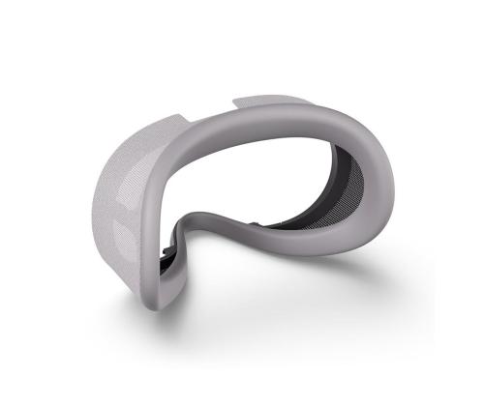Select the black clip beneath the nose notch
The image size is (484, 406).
pos(170,255)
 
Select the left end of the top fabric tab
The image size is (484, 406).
pos(237,100)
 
